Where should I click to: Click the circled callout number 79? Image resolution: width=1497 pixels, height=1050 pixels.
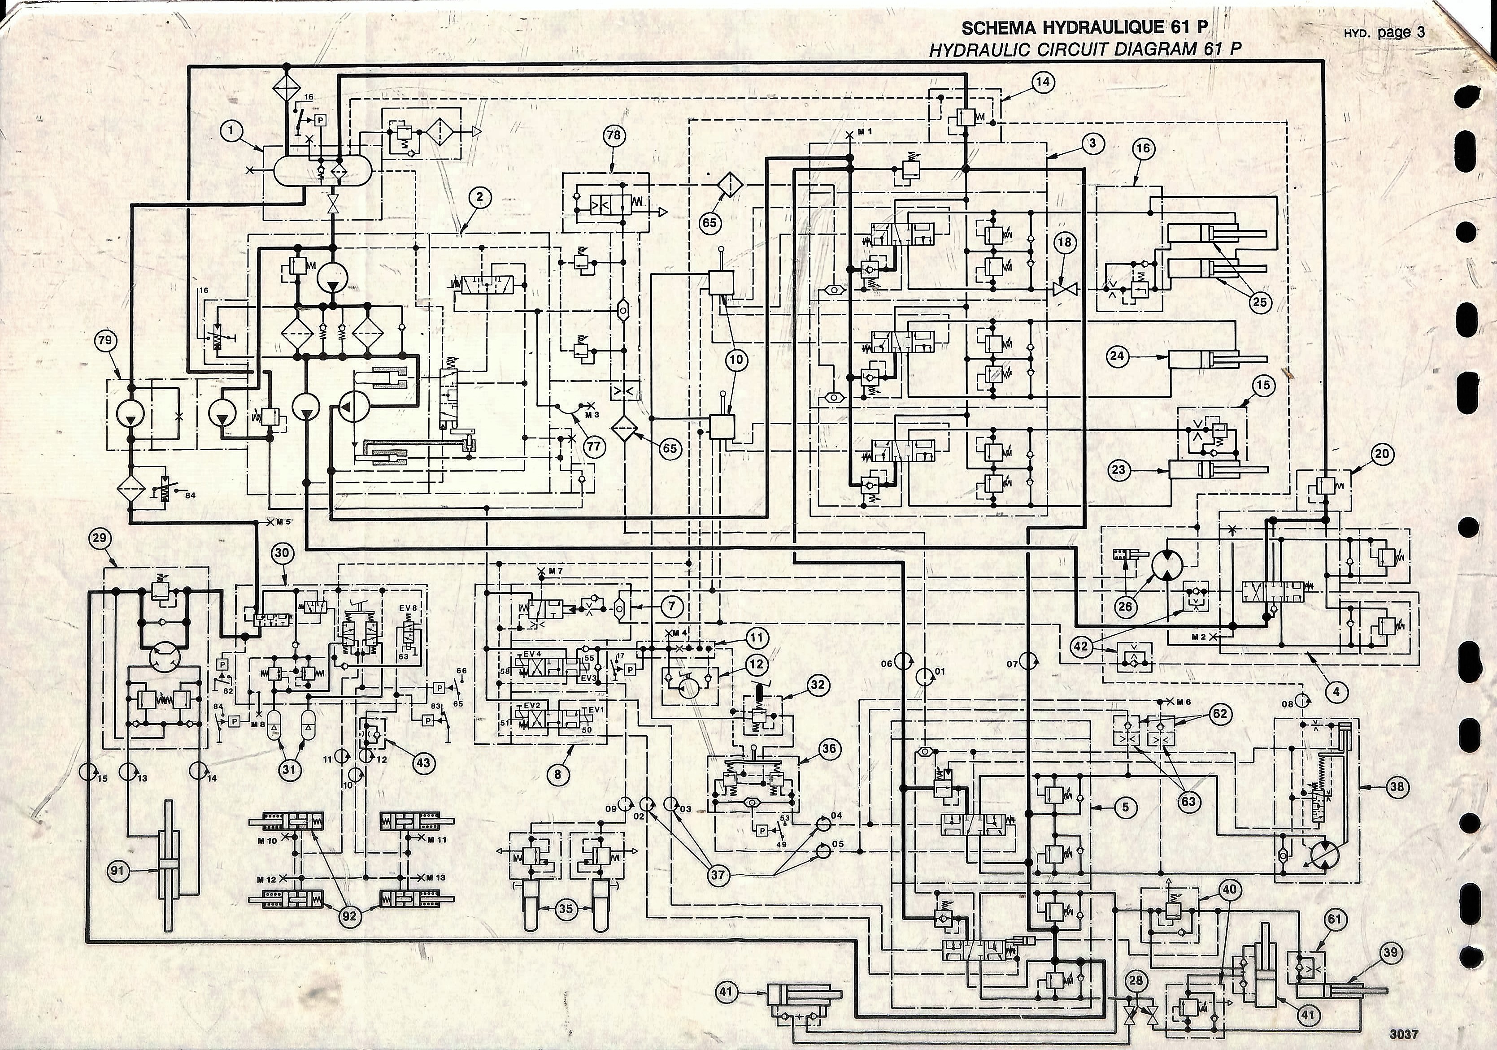[105, 340]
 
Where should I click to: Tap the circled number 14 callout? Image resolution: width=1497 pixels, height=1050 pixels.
[1043, 82]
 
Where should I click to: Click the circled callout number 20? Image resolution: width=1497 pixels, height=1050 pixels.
[1382, 454]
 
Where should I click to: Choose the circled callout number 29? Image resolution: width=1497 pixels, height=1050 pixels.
[100, 538]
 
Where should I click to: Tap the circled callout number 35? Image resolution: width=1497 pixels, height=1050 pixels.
[566, 909]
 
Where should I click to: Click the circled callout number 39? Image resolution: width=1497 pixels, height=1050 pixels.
[1390, 952]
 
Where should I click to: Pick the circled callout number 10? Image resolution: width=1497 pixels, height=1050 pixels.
[736, 359]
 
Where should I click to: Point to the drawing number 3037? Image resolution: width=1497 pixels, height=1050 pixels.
[1403, 1034]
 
